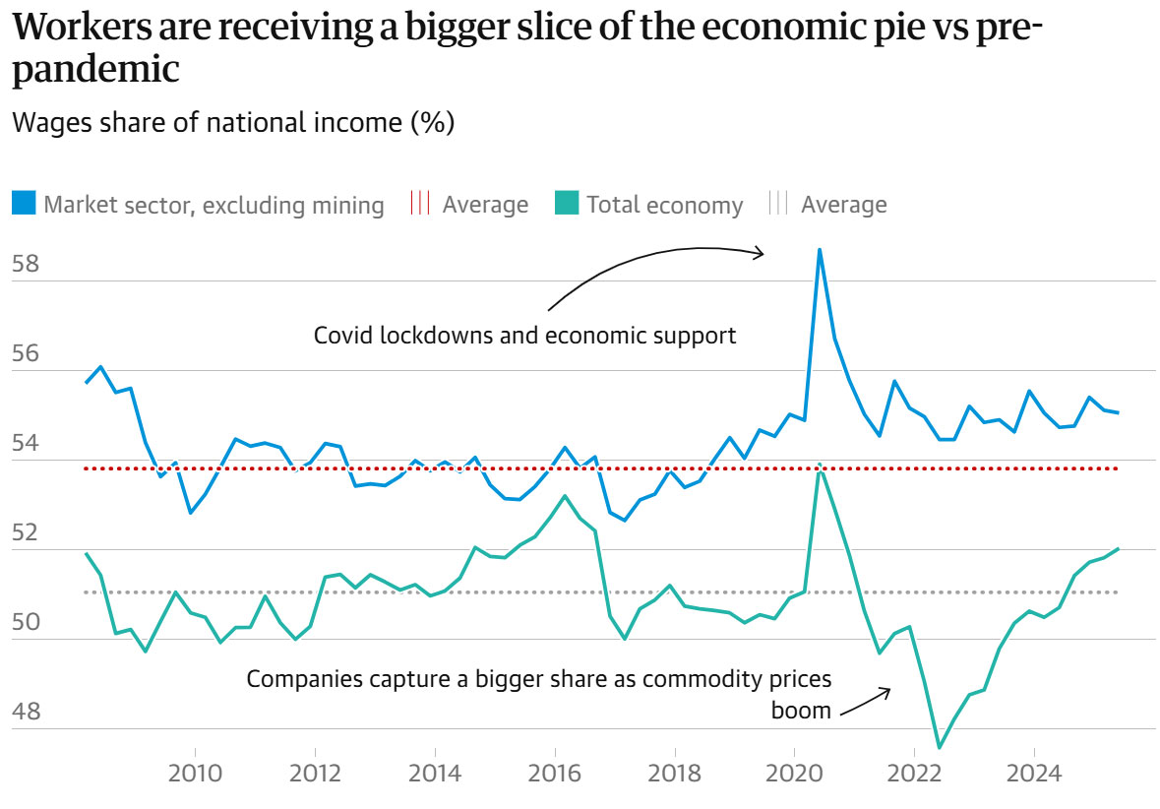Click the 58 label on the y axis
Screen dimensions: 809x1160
(x=26, y=264)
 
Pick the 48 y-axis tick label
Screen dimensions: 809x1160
(x=26, y=712)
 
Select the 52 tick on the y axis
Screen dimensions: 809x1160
(x=26, y=532)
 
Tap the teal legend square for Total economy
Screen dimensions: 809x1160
(x=566, y=204)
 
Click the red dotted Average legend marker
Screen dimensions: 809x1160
(x=420, y=204)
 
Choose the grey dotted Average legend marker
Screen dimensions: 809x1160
(x=778, y=204)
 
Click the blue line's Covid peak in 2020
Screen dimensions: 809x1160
(x=820, y=250)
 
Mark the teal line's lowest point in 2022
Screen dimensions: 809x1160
(x=940, y=748)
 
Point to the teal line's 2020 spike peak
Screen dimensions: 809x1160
(x=820, y=464)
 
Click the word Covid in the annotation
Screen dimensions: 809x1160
(x=340, y=336)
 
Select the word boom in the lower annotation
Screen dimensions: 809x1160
(x=802, y=709)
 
